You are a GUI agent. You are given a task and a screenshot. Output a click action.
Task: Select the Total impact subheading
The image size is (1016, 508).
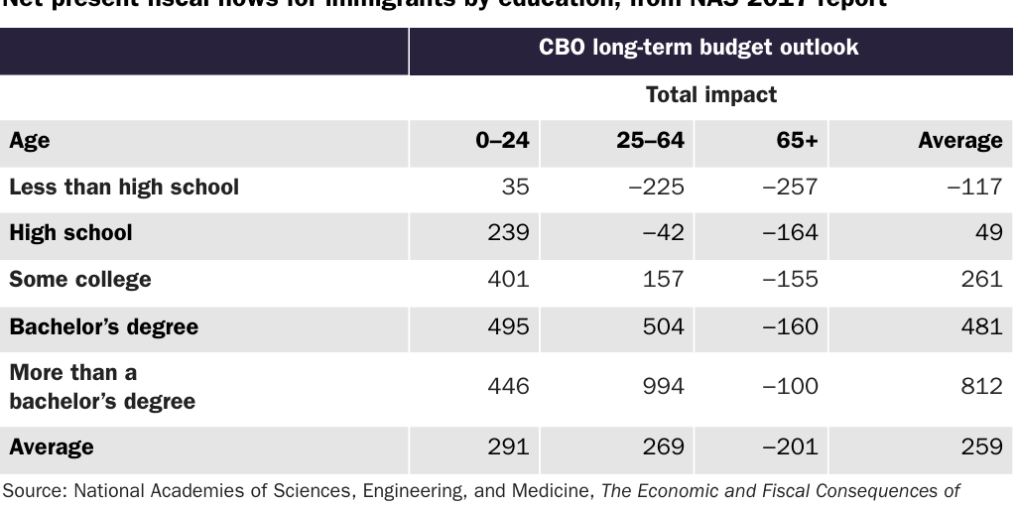pyautogui.click(x=710, y=95)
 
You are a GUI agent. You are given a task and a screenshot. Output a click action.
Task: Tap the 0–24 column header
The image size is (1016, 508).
pyautogui.click(x=502, y=141)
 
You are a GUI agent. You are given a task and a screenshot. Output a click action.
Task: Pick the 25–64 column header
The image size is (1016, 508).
pyautogui.click(x=650, y=141)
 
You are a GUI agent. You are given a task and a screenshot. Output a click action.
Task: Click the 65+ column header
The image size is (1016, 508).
pyautogui.click(x=797, y=141)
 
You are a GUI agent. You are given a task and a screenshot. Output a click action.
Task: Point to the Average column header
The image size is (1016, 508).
pyautogui.click(x=959, y=141)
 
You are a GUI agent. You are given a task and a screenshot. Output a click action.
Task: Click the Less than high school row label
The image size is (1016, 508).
pyautogui.click(x=124, y=187)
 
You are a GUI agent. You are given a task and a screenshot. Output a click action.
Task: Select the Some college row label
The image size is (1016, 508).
pyautogui.click(x=80, y=279)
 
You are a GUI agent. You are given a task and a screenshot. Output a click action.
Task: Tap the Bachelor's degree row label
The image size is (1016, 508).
pyautogui.click(x=103, y=326)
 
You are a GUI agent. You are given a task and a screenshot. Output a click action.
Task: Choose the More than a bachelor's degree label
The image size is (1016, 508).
pyautogui.click(x=102, y=387)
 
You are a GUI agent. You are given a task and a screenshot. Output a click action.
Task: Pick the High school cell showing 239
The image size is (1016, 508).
pyautogui.click(x=508, y=232)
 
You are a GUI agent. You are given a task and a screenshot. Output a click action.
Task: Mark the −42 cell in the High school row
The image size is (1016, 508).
pyautogui.click(x=663, y=232)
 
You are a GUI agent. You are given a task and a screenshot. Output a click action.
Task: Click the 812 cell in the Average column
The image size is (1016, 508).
pyautogui.click(x=981, y=386)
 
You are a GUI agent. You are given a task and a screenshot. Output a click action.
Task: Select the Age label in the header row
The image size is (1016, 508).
pyautogui.click(x=30, y=141)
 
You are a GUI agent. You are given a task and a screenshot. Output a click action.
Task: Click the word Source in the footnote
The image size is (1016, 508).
pyautogui.click(x=32, y=489)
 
